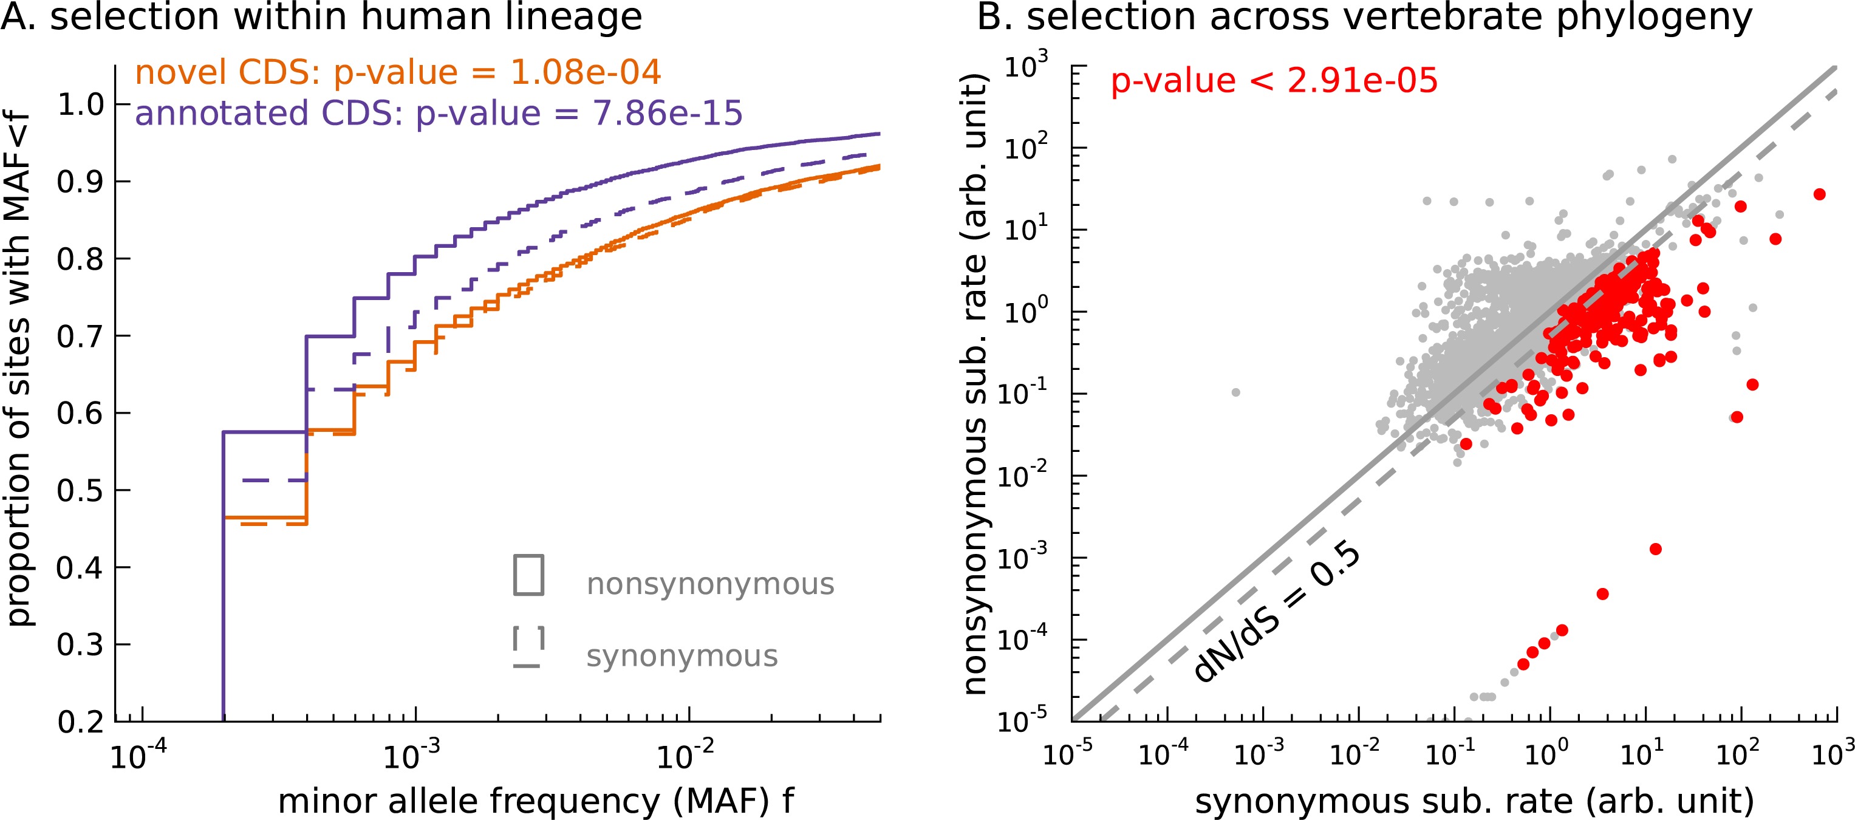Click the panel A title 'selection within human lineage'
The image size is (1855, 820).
321,17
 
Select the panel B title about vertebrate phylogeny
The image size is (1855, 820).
1364,17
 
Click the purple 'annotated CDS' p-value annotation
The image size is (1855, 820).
438,114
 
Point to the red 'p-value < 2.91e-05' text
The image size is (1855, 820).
1273,81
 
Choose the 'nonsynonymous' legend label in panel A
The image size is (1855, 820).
710,584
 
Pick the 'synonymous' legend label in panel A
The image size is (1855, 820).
682,657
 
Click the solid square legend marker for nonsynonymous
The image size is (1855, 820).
528,575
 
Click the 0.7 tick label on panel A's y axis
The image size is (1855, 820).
81,337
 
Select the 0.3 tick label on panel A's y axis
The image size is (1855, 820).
81,645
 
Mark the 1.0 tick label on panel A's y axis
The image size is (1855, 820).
81,105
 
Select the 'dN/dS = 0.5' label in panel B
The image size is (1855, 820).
1277,613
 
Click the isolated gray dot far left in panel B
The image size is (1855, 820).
1235,392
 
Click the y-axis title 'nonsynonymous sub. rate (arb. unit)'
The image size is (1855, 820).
975,383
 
